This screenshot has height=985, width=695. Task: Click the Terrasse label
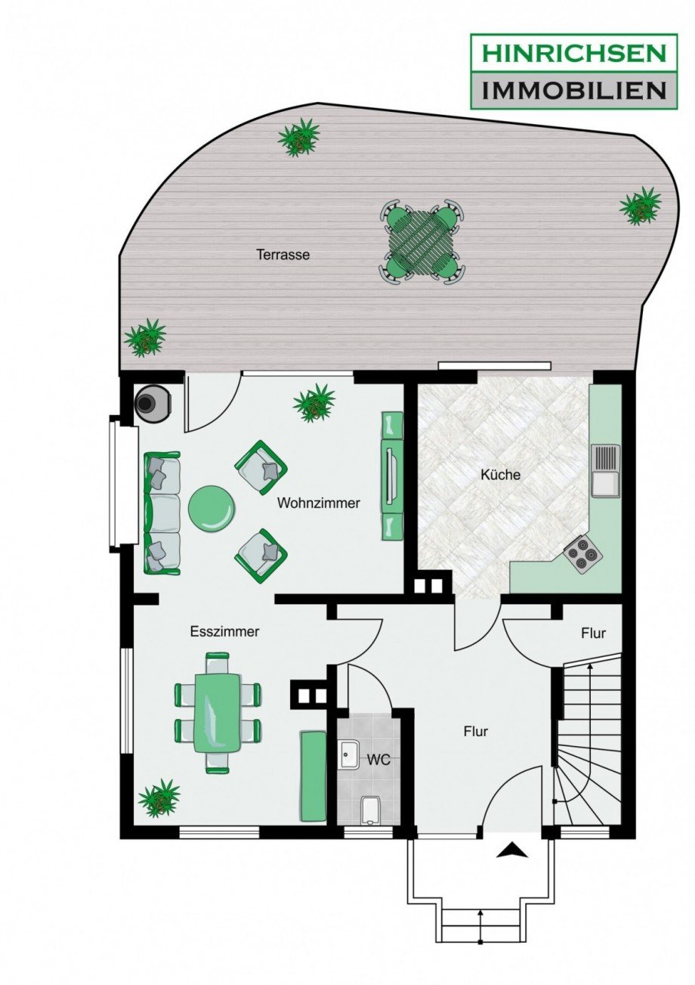(x=283, y=255)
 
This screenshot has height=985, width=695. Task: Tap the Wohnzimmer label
(x=319, y=503)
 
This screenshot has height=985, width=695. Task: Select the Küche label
(x=500, y=475)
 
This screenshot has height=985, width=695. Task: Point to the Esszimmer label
(x=224, y=632)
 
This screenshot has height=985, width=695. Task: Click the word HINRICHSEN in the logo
(x=573, y=53)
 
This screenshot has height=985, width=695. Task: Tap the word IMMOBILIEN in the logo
(x=573, y=91)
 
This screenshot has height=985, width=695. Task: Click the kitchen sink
(x=606, y=470)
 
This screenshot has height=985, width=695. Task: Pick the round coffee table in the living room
(x=212, y=509)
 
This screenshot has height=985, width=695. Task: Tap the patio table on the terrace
(x=422, y=243)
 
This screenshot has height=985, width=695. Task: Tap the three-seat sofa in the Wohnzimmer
(x=162, y=513)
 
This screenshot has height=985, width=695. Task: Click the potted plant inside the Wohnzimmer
(x=314, y=402)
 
